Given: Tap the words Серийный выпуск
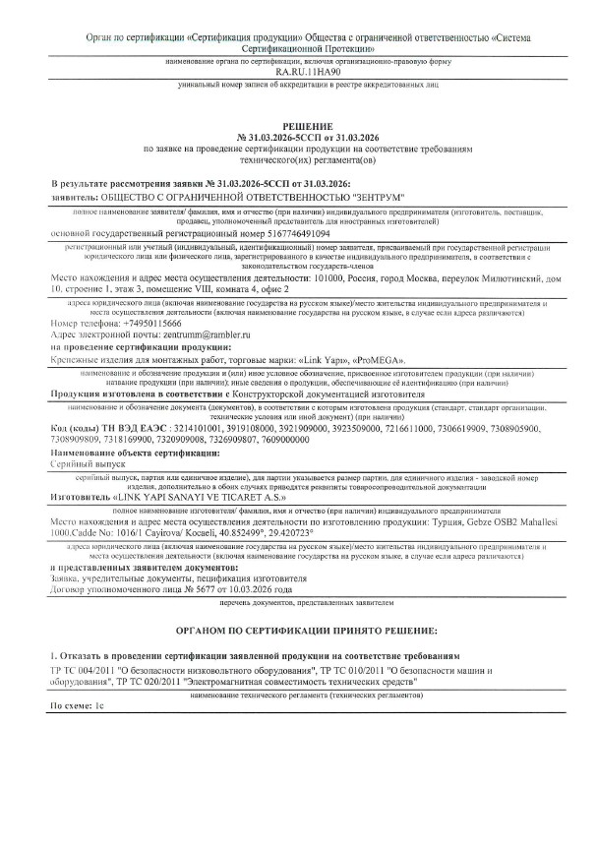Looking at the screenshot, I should coord(89,461).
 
